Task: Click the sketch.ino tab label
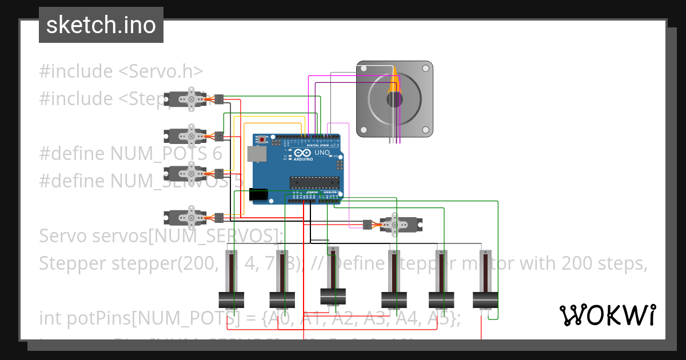click(x=101, y=25)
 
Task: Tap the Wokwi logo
click(x=607, y=315)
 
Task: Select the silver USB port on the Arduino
click(x=257, y=153)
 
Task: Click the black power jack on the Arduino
click(x=260, y=195)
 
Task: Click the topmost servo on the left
click(x=186, y=99)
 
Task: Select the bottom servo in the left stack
click(x=186, y=217)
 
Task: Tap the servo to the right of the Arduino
click(x=400, y=225)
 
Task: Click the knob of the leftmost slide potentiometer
click(x=232, y=299)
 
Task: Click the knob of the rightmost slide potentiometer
click(x=485, y=299)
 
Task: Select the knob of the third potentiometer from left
click(x=333, y=296)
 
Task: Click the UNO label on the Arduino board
click(x=321, y=153)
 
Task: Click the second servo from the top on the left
click(x=186, y=135)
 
